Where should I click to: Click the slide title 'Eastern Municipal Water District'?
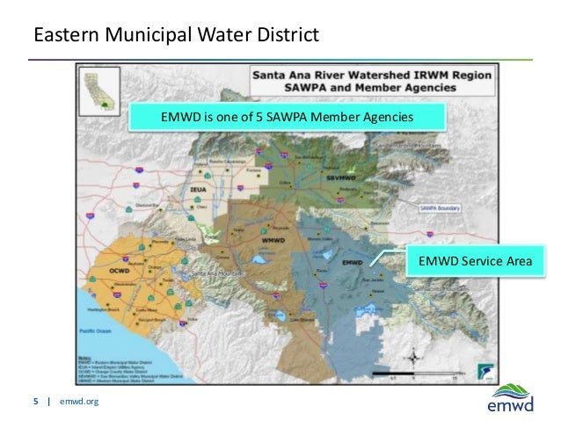[174, 36]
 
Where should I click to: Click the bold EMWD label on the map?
[352, 262]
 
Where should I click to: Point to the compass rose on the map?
[412, 355]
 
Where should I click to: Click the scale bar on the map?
[412, 375]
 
